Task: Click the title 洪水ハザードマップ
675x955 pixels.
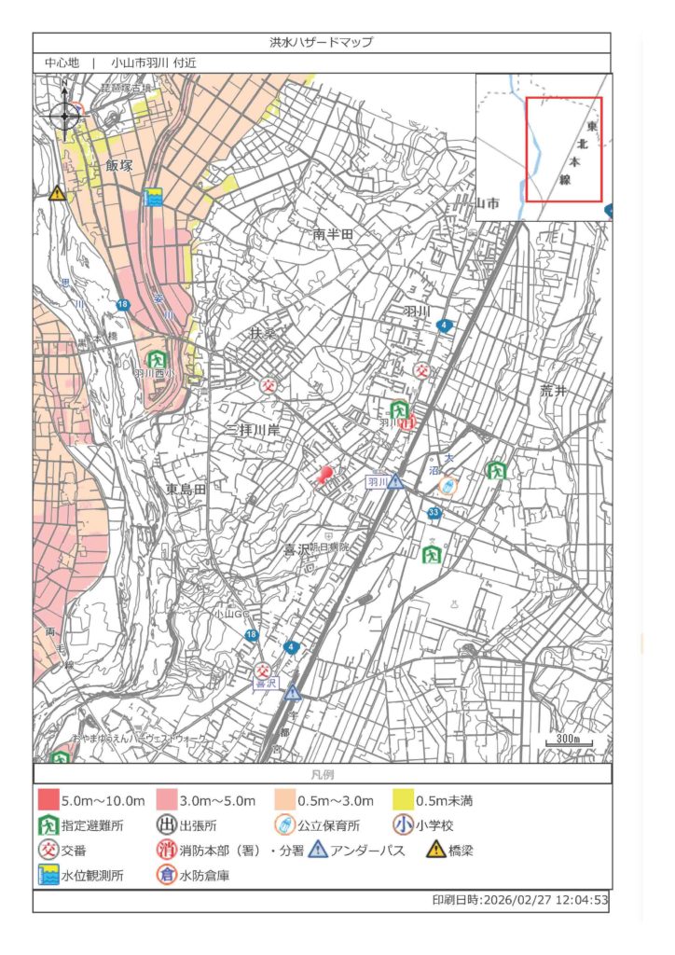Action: click(321, 43)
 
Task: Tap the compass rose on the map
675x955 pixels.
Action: click(65, 116)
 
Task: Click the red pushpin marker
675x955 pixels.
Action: click(324, 475)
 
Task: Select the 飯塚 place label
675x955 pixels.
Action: click(119, 165)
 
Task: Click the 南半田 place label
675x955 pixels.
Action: click(333, 235)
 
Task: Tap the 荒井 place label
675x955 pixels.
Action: click(553, 392)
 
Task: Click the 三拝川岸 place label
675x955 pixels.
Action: click(254, 429)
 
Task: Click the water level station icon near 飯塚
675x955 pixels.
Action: click(152, 198)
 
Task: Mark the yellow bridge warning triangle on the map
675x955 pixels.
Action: click(58, 193)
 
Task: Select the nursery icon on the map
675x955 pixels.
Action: click(448, 486)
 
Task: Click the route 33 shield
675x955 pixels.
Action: click(434, 513)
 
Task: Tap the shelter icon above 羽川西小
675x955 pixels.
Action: click(157, 359)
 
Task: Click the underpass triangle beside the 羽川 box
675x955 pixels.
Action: click(395, 481)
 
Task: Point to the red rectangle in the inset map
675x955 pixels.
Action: click(563, 149)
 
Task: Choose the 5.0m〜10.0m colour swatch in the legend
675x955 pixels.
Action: click(48, 800)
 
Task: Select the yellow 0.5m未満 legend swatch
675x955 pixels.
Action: click(402, 800)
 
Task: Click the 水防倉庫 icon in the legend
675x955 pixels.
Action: click(167, 875)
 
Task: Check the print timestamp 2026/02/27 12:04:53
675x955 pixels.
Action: click(520, 901)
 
